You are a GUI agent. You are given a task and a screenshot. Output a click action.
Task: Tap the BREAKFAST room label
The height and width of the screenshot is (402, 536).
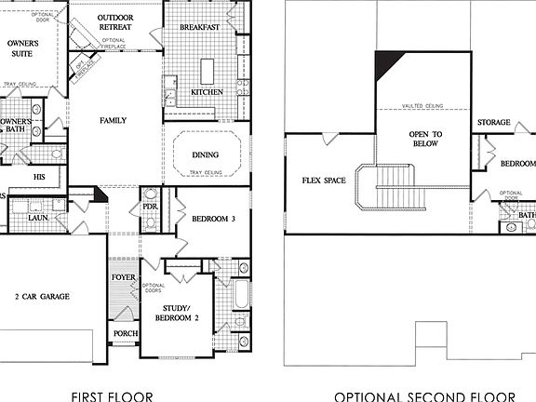click(198, 28)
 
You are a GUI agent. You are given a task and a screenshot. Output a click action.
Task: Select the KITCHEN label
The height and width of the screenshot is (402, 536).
click(207, 92)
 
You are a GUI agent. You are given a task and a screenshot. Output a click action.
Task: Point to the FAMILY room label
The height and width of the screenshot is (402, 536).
click(114, 121)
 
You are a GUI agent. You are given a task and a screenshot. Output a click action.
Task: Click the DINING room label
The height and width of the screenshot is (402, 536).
click(205, 154)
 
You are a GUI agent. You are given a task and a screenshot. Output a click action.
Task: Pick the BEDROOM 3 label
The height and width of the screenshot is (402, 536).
click(213, 220)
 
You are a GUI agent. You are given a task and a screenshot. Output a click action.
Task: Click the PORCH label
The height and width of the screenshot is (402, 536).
click(125, 334)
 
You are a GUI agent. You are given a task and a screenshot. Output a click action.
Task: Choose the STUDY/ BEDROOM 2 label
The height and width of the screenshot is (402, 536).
click(178, 313)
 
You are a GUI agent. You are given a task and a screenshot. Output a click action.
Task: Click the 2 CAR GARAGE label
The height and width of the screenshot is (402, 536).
click(41, 297)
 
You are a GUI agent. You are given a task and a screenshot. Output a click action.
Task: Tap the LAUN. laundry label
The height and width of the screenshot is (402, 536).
click(37, 218)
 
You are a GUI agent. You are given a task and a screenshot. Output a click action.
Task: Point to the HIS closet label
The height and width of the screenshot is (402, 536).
click(39, 176)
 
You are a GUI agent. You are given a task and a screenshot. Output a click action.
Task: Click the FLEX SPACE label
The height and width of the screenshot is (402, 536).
click(323, 181)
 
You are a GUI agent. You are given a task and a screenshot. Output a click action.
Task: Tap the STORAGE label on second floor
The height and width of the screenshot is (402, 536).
click(493, 122)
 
